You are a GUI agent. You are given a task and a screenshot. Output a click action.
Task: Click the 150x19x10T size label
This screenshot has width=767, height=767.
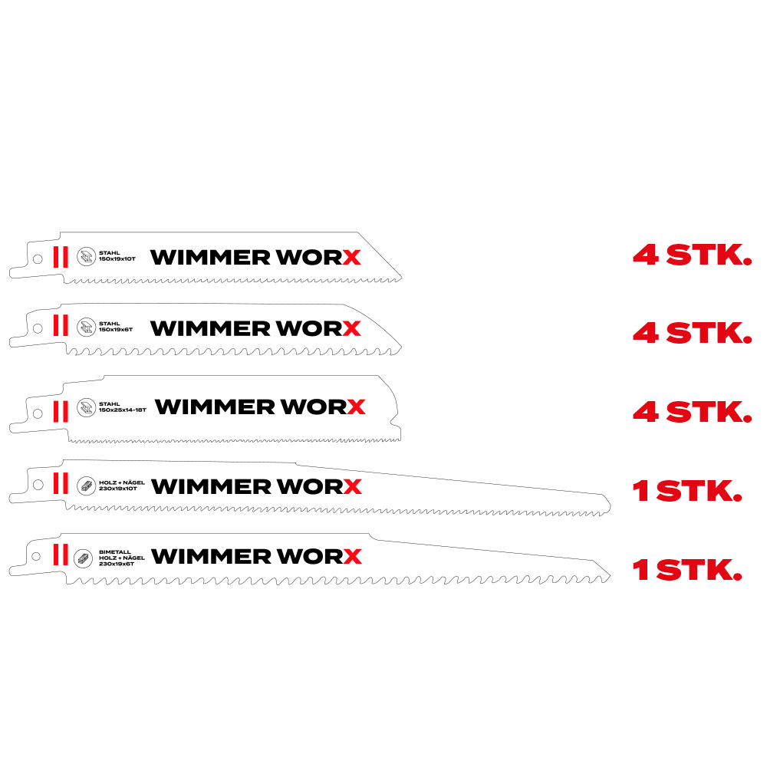117,258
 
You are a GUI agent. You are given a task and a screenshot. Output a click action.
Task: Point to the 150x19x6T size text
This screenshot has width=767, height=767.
116,330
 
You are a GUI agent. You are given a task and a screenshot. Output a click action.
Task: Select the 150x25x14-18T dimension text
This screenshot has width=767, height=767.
122,410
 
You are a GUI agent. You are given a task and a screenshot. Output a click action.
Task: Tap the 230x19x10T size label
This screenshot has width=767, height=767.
118,488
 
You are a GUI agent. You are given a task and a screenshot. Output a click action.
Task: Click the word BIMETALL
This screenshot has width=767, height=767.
115,551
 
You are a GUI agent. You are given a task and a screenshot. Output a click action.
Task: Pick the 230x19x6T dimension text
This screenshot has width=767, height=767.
117,564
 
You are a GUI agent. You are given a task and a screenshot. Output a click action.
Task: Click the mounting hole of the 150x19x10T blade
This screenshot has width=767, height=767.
38,258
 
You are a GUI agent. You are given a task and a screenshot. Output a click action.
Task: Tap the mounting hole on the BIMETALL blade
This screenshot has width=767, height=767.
36,556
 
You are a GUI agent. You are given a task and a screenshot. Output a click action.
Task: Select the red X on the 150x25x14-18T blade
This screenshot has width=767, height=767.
356,407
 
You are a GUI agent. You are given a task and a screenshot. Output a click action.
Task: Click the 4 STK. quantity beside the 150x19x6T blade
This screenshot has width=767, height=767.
692,333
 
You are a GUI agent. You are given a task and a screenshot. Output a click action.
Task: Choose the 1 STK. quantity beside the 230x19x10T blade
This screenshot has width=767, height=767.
686,491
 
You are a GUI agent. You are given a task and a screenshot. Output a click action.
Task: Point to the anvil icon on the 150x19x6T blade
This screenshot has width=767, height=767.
86,328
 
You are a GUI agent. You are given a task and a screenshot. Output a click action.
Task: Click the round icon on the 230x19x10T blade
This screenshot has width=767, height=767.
86,486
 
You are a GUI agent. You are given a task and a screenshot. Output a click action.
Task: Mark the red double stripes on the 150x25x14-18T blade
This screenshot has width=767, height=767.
61,411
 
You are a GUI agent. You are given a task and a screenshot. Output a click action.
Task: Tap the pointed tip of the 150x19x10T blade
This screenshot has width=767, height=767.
401,278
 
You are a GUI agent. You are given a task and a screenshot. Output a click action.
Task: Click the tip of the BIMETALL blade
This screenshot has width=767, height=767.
610,576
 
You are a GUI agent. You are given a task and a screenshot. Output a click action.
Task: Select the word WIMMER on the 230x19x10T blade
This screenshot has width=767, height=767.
211,486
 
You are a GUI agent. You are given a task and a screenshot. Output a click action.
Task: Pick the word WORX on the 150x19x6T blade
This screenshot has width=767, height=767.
318,328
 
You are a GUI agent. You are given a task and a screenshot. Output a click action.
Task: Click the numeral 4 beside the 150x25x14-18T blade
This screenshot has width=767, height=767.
645,412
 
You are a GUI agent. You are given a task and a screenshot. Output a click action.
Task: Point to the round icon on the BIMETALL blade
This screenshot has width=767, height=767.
83,558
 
